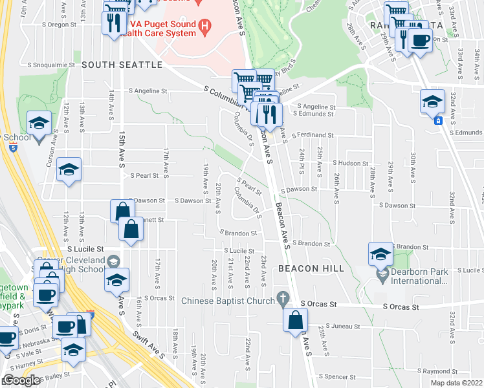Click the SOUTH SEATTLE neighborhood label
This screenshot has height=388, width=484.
click(122, 65)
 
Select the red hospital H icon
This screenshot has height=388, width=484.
click(205, 27)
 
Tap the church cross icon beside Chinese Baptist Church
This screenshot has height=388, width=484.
click(282, 299)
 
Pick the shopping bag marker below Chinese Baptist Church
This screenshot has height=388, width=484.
click(295, 319)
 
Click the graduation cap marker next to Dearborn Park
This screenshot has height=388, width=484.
click(380, 254)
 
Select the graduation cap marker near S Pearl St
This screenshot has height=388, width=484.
click(69, 169)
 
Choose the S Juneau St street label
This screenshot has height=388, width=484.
click(346, 327)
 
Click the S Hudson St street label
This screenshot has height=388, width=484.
click(351, 163)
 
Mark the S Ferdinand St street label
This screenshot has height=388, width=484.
click(312, 136)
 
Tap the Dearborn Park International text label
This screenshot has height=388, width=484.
click(415, 276)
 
